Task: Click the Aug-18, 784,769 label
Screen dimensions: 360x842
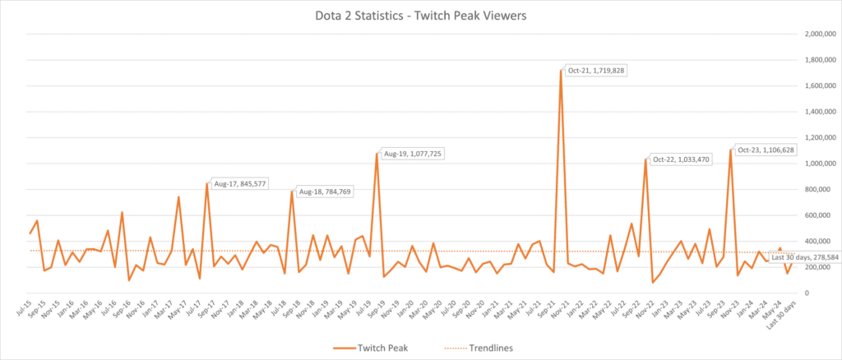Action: point(326,192)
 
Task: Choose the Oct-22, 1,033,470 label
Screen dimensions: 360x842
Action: point(682,159)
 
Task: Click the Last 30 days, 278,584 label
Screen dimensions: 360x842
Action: point(806,257)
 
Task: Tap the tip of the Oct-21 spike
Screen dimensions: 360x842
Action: point(561,71)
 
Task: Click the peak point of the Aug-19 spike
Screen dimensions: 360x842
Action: point(377,154)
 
